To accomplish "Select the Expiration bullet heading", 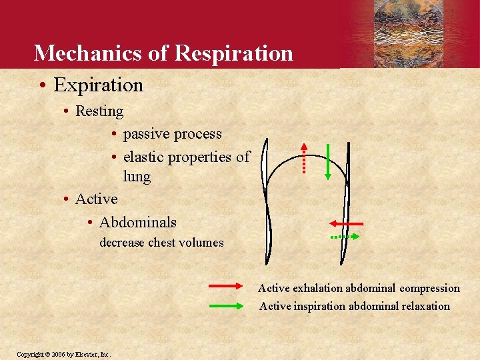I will pyautogui.click(x=98, y=85).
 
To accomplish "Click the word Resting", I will pyautogui.click(x=99, y=111).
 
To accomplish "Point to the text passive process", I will pyautogui.click(x=172, y=134).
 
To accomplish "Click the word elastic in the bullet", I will pyautogui.click(x=143, y=157).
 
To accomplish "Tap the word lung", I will pyautogui.click(x=137, y=177).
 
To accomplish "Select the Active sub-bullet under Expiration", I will pyautogui.click(x=96, y=199).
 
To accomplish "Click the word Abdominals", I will pyautogui.click(x=137, y=222).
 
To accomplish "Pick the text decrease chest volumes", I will pyautogui.click(x=161, y=243).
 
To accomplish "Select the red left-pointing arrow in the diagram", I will pyautogui.click(x=345, y=223).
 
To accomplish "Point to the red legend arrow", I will pyautogui.click(x=227, y=285).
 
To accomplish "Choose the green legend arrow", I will pyautogui.click(x=227, y=306).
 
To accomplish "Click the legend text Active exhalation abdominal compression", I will pyautogui.click(x=359, y=288).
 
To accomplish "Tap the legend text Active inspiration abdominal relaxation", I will pyautogui.click(x=354, y=306).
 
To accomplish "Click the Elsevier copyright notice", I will pyautogui.click(x=63, y=354).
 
